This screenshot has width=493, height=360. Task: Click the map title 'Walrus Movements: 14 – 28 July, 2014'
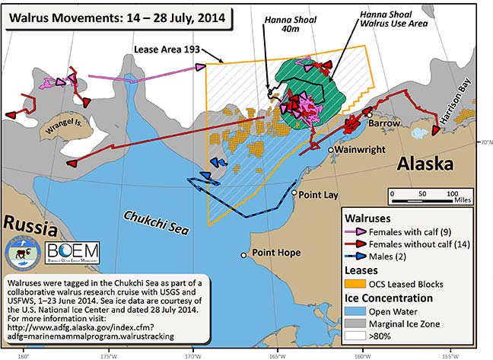[x=116, y=17]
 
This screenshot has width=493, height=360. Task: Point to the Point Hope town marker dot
[x=243, y=255]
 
